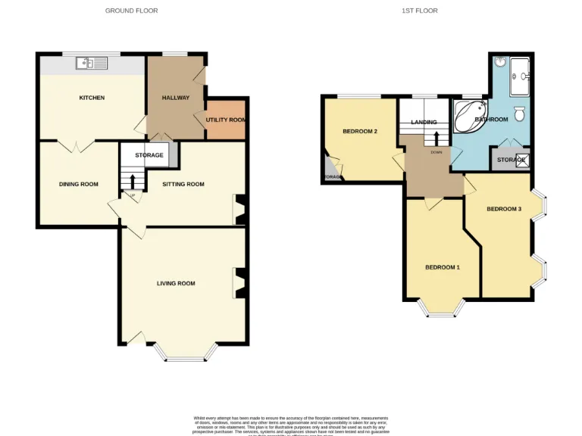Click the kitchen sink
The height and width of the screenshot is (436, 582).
pyautogui.click(x=92, y=64)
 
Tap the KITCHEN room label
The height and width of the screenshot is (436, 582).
pyautogui.click(x=92, y=98)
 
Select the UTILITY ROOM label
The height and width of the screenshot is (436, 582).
pyautogui.click(x=226, y=120)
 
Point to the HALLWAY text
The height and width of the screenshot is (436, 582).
pyautogui.click(x=176, y=98)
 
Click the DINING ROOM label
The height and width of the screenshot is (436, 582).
pyautogui.click(x=79, y=184)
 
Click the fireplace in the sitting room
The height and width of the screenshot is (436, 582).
pyautogui.click(x=239, y=210)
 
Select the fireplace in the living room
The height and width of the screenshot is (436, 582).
pyautogui.click(x=239, y=283)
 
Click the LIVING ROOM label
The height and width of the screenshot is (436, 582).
pyautogui.click(x=176, y=284)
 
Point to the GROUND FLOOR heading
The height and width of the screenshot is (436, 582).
pyautogui.click(x=131, y=11)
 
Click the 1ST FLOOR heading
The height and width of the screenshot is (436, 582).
pyautogui.click(x=419, y=11)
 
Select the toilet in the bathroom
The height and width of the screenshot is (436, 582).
pyautogui.click(x=519, y=114)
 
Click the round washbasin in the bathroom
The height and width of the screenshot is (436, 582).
pyautogui.click(x=501, y=62)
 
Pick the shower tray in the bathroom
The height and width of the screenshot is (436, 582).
pyautogui.click(x=521, y=76)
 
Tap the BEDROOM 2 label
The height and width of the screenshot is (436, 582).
pyautogui.click(x=360, y=131)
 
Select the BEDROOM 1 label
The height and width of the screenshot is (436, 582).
pyautogui.click(x=442, y=267)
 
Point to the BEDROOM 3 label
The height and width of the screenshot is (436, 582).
pyautogui.click(x=504, y=209)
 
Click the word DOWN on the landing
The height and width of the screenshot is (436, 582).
pyautogui.click(x=436, y=152)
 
